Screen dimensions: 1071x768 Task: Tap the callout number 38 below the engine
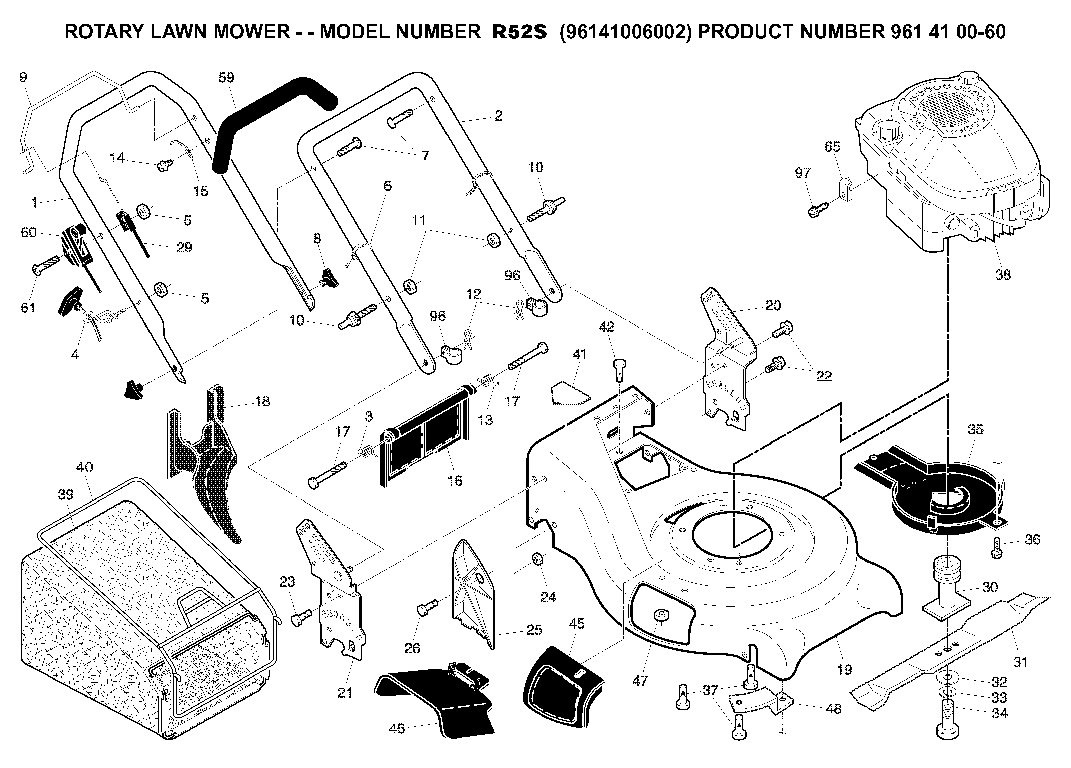1003,275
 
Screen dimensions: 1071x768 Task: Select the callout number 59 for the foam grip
226,77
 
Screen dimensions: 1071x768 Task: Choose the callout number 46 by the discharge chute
397,728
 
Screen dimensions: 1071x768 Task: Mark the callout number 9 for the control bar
23,77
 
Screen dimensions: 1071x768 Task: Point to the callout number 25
534,630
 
